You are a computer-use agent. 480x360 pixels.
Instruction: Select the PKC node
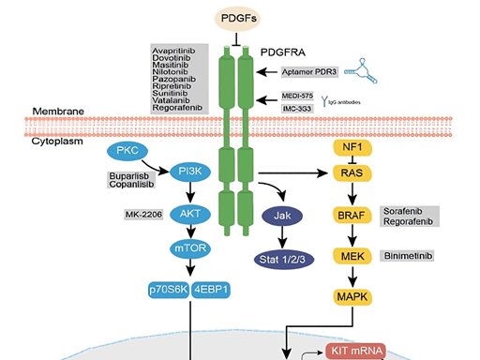click(127, 150)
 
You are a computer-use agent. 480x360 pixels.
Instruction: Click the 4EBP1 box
click(213, 290)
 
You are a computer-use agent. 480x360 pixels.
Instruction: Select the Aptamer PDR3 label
click(310, 70)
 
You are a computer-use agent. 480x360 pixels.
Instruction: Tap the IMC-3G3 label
click(299, 107)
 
